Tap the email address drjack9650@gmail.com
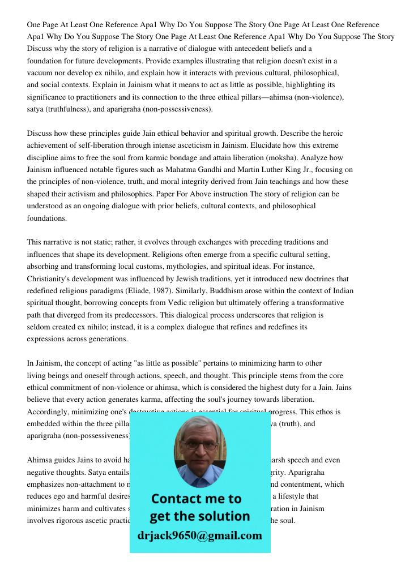coord(200,535)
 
